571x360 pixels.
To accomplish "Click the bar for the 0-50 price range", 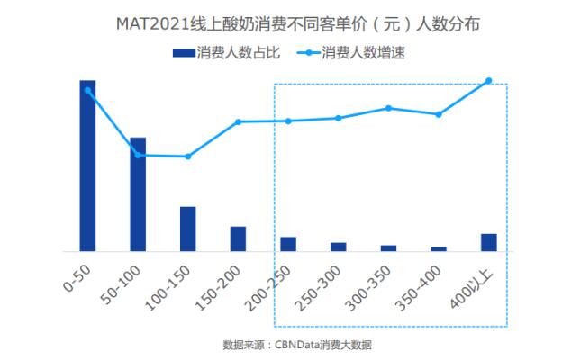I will (87, 166).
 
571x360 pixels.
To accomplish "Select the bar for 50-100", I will (138, 193).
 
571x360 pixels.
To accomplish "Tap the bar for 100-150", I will (187, 229).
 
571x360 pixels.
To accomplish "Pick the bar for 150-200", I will (238, 238).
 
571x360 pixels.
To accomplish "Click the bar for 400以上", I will (489, 242).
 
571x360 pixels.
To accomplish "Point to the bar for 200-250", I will (288, 244).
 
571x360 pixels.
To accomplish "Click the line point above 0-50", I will (87, 90).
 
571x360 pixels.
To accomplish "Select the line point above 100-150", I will (187, 157).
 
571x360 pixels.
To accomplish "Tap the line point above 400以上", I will (489, 81).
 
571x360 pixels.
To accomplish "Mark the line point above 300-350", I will (388, 108).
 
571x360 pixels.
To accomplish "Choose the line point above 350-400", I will (439, 114).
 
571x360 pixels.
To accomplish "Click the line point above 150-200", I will (238, 121).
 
